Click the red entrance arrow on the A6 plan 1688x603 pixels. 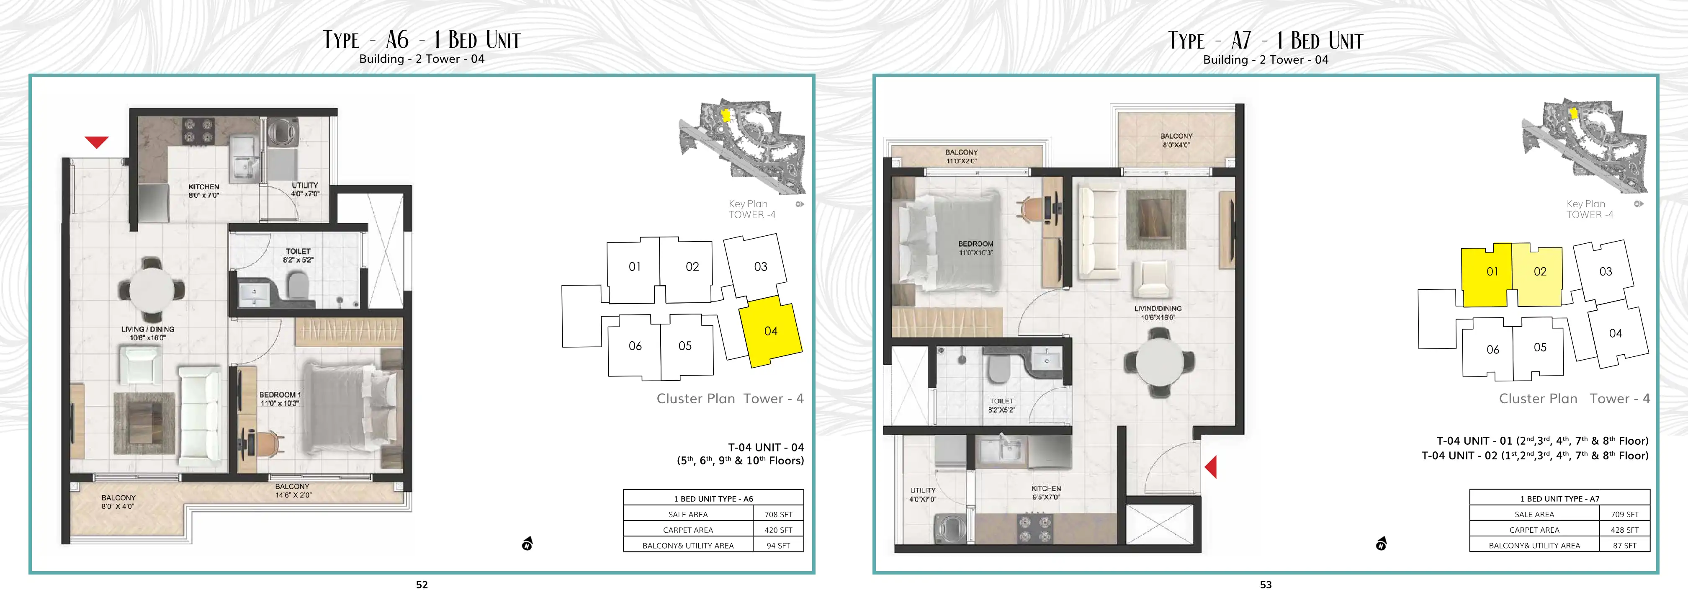[96, 142]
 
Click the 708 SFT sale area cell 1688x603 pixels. [778, 515]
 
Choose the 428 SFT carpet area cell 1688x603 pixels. [1624, 530]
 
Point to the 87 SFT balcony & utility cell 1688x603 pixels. [1624, 545]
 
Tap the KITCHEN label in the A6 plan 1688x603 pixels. [204, 187]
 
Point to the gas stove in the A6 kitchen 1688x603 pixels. [198, 130]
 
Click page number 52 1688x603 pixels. [422, 585]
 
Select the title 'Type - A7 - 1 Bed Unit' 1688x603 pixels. [1265, 41]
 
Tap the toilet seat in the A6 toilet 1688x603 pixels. [298, 284]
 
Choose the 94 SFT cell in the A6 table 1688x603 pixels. [778, 545]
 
